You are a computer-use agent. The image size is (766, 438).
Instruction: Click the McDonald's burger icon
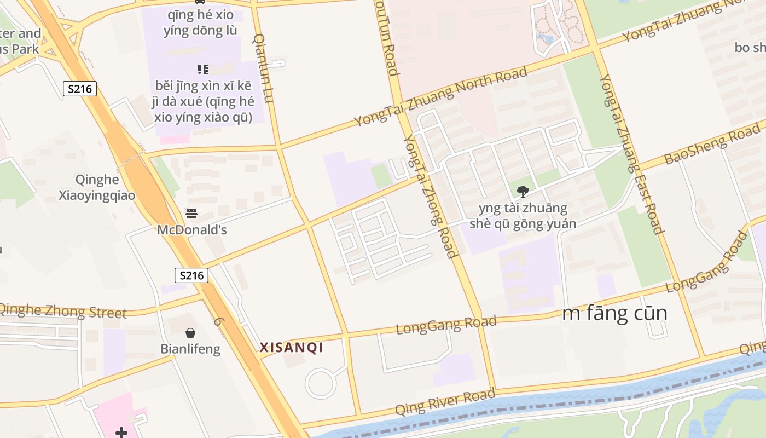(191, 214)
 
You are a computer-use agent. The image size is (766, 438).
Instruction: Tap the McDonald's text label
(191, 229)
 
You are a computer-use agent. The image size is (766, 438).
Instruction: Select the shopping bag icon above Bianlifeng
(190, 333)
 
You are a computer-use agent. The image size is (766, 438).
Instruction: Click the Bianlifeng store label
(190, 349)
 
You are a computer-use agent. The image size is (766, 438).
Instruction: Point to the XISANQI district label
(292, 348)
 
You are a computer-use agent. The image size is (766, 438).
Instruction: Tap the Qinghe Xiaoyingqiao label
(97, 187)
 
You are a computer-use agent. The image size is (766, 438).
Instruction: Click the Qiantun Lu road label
(263, 68)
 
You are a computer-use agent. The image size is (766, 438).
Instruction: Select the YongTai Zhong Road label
(430, 197)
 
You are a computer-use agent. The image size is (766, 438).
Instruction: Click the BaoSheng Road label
(711, 144)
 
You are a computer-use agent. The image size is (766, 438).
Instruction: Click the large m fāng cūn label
(615, 314)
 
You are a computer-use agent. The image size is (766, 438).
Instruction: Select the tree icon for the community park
(523, 192)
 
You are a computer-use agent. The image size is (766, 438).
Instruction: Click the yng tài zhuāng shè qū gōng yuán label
(523, 216)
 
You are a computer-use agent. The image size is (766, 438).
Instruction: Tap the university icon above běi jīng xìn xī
(202, 70)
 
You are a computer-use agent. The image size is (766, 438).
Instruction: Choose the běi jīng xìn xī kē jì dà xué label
(204, 101)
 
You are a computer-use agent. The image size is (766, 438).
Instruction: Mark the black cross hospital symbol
(121, 433)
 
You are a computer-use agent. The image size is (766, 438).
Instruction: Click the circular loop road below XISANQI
(321, 383)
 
